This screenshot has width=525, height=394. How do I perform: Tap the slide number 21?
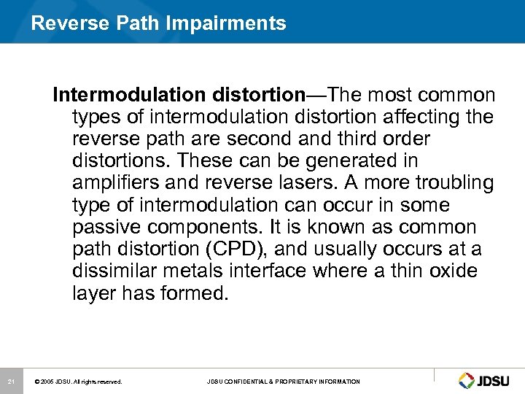click(x=11, y=382)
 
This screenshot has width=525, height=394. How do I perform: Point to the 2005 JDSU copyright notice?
click(x=79, y=382)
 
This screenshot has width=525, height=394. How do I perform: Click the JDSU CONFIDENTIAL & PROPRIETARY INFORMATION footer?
click(x=283, y=382)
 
